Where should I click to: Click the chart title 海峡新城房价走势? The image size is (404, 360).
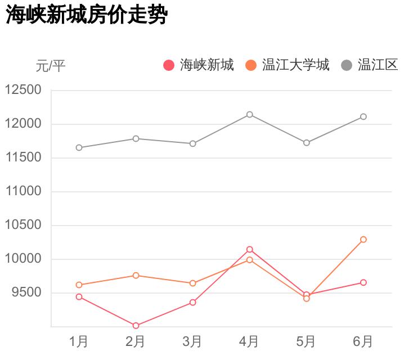coord(87,15)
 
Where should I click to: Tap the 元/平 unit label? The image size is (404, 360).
coord(51,66)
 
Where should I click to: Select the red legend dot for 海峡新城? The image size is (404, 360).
coord(169,65)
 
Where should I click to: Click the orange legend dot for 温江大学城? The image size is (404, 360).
coord(251,65)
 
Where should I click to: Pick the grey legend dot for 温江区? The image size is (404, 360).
coord(347,65)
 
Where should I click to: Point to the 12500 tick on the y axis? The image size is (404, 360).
coord(23,90)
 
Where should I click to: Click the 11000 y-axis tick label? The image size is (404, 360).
coord(23,191)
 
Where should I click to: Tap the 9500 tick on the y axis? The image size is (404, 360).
coord(26,292)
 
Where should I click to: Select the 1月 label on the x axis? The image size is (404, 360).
coord(79,341)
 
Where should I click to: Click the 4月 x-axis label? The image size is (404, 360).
coord(249,341)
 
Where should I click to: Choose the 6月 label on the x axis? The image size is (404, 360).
coord(363,341)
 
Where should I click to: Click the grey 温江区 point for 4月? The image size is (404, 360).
coord(249,115)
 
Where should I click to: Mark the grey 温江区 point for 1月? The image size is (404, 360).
coord(79,148)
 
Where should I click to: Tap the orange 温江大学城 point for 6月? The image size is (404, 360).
coord(363,240)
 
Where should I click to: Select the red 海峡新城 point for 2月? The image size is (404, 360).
coord(136,326)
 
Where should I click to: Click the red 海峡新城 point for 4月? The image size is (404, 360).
coord(249,249)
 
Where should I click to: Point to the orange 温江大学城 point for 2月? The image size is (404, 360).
coord(136,276)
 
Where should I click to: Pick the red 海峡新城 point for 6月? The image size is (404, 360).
coord(363,282)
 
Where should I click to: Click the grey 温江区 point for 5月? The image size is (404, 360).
coord(306,143)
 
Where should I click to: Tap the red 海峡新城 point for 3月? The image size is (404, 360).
coord(192,303)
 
